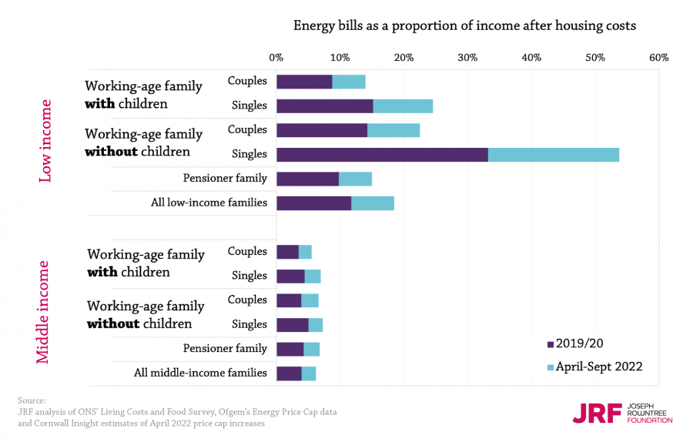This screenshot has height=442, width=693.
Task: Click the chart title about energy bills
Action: [464, 25]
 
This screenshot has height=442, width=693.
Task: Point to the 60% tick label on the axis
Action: [659, 57]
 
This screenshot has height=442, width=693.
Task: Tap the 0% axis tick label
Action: [276, 57]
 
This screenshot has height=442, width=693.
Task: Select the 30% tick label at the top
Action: [467, 57]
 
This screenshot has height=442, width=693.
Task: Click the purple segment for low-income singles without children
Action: [382, 154]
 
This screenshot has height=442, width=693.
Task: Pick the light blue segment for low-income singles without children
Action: [554, 154]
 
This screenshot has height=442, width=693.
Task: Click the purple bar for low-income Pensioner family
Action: [307, 179]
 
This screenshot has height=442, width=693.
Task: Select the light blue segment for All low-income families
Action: [373, 203]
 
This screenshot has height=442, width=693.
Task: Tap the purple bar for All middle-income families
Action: [289, 373]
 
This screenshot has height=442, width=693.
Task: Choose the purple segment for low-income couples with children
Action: [304, 82]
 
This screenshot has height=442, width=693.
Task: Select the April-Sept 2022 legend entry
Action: [594, 367]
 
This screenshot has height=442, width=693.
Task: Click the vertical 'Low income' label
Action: [45, 141]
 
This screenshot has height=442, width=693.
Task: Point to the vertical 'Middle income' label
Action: [44, 312]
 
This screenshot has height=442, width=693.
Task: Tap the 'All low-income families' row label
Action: [209, 203]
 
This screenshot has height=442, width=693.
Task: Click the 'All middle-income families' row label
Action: [200, 373]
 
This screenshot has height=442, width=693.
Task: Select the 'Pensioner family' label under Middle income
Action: [225, 348]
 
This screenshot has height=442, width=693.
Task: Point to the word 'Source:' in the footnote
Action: [32, 400]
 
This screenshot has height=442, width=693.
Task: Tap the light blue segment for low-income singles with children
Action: [403, 106]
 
